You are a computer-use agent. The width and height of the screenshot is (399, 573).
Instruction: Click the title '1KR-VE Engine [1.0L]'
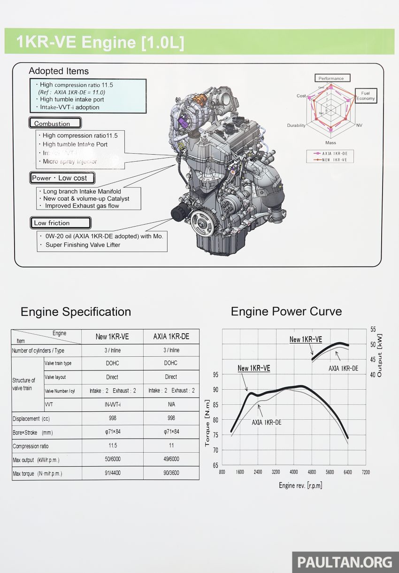click(x=100, y=42)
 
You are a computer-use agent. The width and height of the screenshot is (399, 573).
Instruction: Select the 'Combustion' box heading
click(x=54, y=124)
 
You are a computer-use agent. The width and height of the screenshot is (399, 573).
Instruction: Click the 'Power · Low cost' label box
click(x=62, y=178)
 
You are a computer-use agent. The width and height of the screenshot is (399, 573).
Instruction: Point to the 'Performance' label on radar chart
click(x=331, y=78)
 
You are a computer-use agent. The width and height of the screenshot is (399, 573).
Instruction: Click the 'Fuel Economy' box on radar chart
click(x=365, y=96)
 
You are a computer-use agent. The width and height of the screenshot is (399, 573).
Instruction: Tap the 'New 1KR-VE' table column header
click(x=112, y=337)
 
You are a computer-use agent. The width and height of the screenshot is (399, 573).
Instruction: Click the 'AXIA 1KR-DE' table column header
click(x=171, y=337)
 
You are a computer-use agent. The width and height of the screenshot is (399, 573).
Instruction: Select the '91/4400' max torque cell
click(x=112, y=473)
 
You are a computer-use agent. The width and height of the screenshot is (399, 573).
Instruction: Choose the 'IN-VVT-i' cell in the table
click(x=112, y=404)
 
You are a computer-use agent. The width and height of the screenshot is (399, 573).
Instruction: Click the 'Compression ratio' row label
click(x=31, y=446)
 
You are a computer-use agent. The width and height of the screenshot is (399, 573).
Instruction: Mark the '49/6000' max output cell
click(x=171, y=459)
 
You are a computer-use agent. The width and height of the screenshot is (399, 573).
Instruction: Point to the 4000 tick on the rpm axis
click(x=294, y=472)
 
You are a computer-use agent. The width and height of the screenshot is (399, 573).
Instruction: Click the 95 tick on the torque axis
click(x=215, y=375)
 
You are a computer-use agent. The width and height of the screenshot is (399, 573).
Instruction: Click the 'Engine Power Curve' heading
click(x=286, y=311)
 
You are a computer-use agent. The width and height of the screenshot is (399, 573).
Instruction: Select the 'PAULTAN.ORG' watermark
click(x=345, y=562)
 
